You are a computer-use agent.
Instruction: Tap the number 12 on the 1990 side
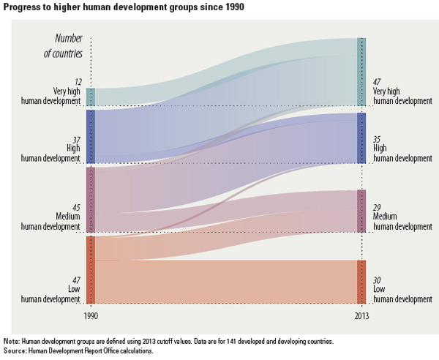(78, 82)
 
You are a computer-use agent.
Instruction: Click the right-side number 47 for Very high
(378, 82)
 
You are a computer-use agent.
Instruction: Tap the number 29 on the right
(378, 209)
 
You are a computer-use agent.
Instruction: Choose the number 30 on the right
(378, 280)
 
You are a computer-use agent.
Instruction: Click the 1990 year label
(91, 317)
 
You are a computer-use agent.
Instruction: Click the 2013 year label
(361, 317)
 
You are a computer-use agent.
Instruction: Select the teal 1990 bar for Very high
(91, 97)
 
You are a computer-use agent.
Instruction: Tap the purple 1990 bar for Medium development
(91, 200)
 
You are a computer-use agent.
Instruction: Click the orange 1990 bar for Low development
(91, 269)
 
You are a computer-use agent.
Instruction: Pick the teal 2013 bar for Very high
(361, 72)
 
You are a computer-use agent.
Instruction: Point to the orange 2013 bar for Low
(361, 282)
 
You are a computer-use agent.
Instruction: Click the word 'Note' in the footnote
(11, 342)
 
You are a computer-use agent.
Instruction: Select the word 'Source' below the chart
(15, 350)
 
